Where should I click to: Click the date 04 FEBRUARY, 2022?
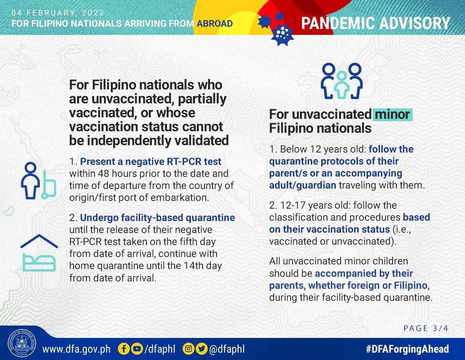click(x=58, y=13)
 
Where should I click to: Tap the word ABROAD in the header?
click(x=215, y=24)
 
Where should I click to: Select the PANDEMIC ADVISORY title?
click(x=375, y=23)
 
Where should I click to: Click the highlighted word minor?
click(x=392, y=114)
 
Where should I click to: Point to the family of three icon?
click(x=341, y=81)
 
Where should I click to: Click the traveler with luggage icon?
click(x=38, y=181)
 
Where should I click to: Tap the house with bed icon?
click(x=39, y=253)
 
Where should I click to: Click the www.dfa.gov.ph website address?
click(x=76, y=349)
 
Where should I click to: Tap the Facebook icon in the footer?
click(x=124, y=349)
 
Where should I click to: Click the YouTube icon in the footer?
click(x=137, y=349)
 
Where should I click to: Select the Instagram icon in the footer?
click(x=189, y=349)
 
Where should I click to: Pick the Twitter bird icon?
click(x=201, y=349)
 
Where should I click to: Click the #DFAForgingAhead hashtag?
click(x=407, y=349)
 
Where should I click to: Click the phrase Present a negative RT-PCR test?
click(x=150, y=162)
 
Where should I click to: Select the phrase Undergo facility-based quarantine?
click(x=157, y=218)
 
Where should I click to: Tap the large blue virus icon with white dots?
click(x=282, y=34)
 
